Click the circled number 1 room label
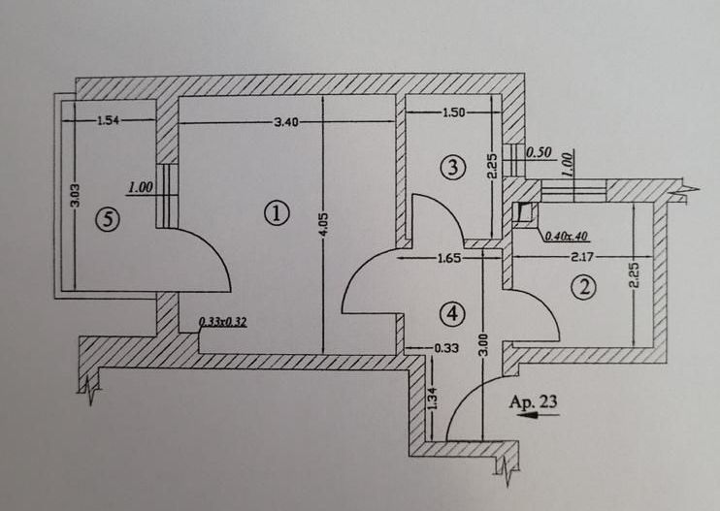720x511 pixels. pos(278,213)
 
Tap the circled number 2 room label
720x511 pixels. pos(583,287)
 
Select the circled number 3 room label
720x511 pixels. pos(453,167)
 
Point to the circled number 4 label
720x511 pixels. pos(452,314)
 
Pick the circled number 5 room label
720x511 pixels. pos(108,219)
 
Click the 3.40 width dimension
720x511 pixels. pos(286,122)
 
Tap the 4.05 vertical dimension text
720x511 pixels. pos(323,224)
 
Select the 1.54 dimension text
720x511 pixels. pos(109,120)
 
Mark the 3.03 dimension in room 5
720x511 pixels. pos(76,196)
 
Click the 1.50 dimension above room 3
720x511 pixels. pos(453,112)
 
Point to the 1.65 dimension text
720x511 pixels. pos(449,258)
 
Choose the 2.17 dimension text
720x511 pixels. pos(582,257)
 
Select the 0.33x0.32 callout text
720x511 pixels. pos(223,322)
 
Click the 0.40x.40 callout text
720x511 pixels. pos(566,237)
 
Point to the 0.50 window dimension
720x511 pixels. pos(539,152)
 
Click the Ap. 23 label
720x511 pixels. pos(533,401)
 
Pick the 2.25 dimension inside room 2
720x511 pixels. pos(635,275)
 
